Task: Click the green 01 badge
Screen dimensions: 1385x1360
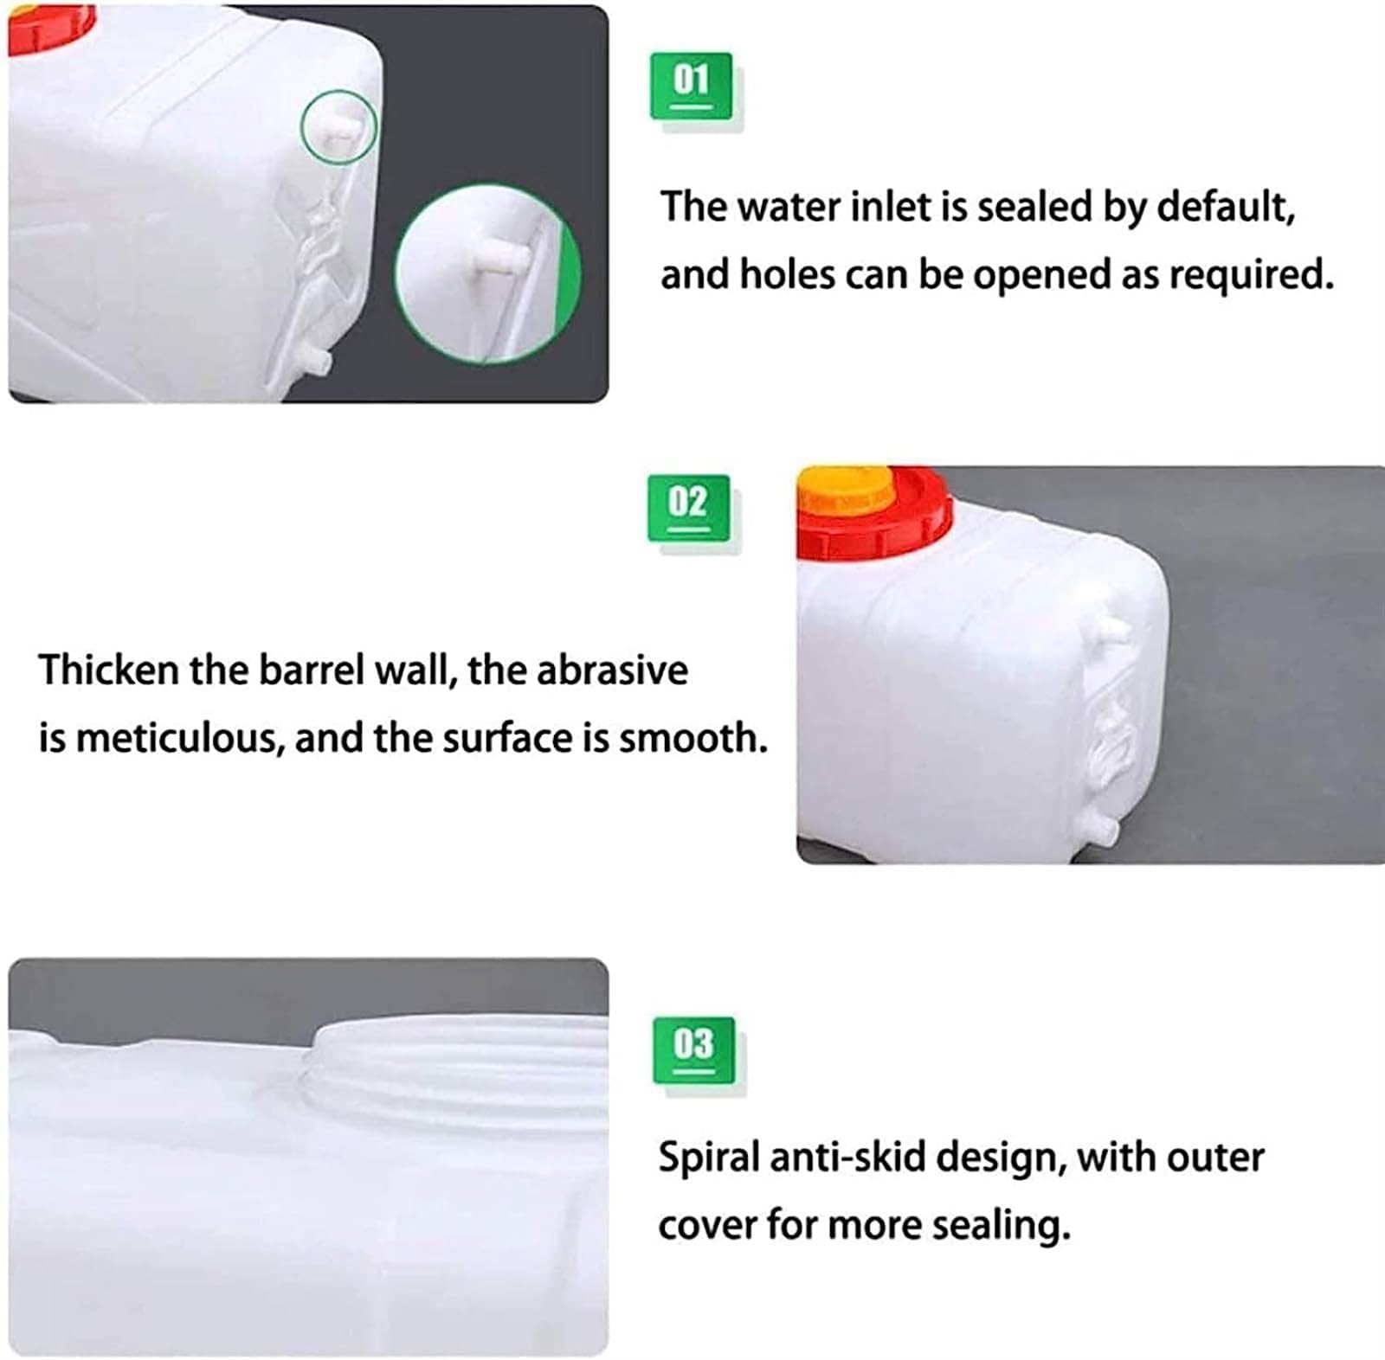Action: tap(691, 86)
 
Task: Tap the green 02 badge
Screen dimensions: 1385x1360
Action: tap(689, 508)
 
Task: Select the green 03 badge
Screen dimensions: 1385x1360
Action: tap(693, 1050)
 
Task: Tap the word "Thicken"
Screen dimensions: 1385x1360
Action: tap(108, 670)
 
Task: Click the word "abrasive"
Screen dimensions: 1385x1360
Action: tap(612, 670)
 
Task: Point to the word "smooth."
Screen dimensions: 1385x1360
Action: tap(692, 739)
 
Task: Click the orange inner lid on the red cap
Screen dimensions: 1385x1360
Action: tap(846, 490)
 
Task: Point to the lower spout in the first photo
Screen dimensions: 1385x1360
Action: tap(315, 358)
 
